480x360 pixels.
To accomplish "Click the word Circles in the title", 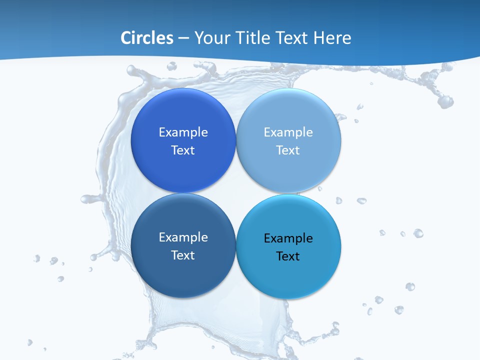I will pos(147,38).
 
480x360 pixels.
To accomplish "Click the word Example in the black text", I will pos(288,238).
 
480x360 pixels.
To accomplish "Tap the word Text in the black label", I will pos(288,256).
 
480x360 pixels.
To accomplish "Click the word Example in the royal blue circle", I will pos(183,132).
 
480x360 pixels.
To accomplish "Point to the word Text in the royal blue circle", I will pos(183,150).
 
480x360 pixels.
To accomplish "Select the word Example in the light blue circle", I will pos(288,132).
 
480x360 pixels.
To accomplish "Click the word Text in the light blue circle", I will pos(288,150).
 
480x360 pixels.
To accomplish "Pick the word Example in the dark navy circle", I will pos(183,237).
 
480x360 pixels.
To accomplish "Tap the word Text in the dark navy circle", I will pos(183,255).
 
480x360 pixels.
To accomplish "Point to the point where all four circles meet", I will pos(236,193).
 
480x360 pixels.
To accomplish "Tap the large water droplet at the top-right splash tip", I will pos(445,101).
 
